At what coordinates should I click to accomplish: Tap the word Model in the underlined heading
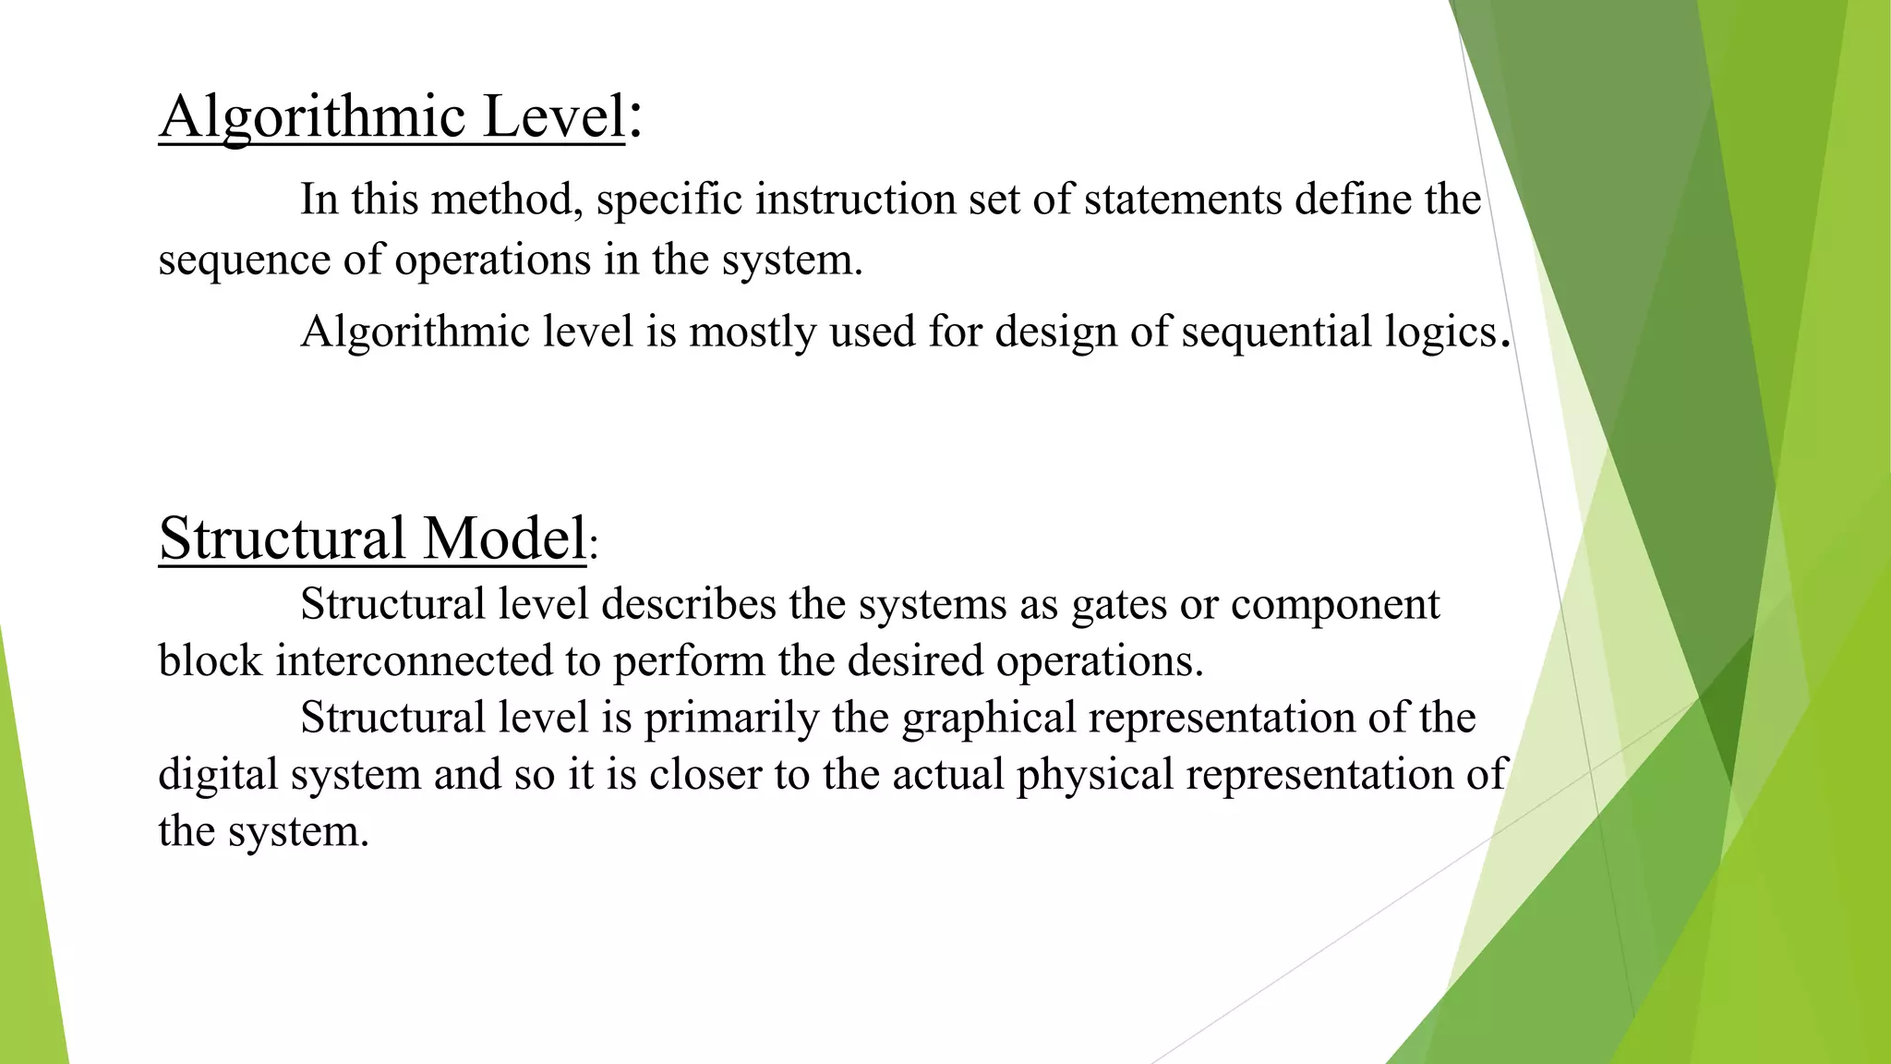[504, 538]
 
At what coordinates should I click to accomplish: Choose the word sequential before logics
[1276, 332]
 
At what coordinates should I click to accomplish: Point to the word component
[1335, 606]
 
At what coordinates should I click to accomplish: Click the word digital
[218, 774]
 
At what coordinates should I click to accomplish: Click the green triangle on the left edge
[28, 877]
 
